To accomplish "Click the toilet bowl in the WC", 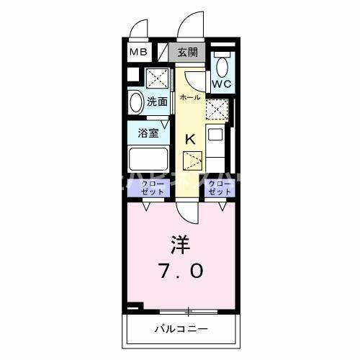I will click(222, 67).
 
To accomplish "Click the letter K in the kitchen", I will click(190, 140).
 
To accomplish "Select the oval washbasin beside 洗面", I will click(135, 102).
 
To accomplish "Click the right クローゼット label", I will click(220, 189).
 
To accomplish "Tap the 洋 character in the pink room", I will click(180, 245).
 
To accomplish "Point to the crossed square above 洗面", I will click(157, 77).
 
